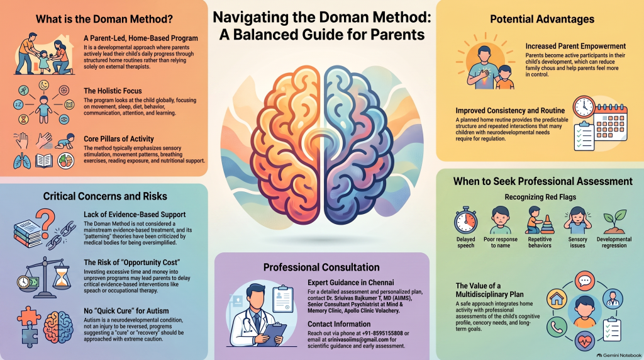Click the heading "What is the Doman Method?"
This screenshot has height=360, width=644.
click(x=104, y=19)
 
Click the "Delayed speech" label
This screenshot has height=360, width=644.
click(x=466, y=242)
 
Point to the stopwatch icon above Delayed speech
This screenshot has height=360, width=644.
click(x=466, y=221)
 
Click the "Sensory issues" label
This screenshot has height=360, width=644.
click(x=577, y=242)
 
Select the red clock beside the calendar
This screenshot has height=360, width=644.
click(x=584, y=107)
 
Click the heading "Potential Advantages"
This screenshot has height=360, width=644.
click(x=542, y=19)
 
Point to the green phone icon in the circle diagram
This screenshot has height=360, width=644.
click(x=557, y=327)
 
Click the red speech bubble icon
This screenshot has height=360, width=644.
click(x=585, y=281)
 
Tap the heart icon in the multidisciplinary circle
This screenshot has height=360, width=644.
click(x=585, y=340)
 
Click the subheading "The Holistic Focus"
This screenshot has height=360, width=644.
click(x=113, y=91)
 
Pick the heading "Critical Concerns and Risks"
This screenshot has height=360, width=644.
click(x=105, y=196)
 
